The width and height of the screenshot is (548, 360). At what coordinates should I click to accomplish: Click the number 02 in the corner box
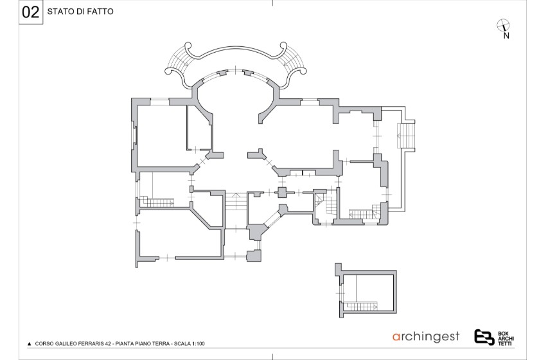[x=31, y=12]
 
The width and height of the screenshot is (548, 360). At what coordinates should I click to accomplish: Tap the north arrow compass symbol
[x=503, y=26]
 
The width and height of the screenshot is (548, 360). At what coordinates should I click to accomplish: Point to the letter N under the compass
[x=506, y=35]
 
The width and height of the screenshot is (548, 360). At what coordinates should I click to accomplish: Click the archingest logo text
[x=426, y=337]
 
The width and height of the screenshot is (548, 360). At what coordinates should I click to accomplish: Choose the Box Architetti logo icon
[x=484, y=337]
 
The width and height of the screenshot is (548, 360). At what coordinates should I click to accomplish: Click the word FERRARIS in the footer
[x=92, y=343]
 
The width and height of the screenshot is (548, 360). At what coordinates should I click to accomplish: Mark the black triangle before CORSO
[x=30, y=344]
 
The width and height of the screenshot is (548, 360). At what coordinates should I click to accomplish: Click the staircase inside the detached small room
[x=362, y=307]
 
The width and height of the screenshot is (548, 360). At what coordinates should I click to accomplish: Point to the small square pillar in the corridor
[x=281, y=192]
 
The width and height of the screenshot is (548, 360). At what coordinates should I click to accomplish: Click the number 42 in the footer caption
[x=109, y=343]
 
